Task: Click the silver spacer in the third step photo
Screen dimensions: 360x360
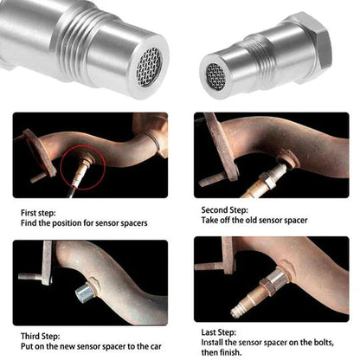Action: [x=86, y=293]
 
